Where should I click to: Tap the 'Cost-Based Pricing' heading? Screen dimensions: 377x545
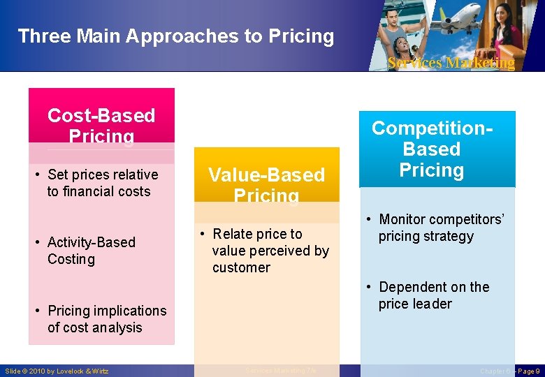(x=101, y=125)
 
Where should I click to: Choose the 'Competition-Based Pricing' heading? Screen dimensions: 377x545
(x=432, y=149)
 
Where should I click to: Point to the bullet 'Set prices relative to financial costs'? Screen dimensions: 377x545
(x=98, y=183)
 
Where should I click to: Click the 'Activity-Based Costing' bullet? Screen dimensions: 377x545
(x=91, y=251)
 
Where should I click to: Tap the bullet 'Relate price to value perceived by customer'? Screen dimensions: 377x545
(x=269, y=251)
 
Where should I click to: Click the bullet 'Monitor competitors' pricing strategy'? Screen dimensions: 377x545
(x=439, y=228)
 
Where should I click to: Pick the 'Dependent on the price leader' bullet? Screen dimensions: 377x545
(x=433, y=295)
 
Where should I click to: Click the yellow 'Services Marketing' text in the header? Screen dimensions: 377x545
(x=451, y=63)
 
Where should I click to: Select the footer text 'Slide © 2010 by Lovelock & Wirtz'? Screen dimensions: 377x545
(x=57, y=371)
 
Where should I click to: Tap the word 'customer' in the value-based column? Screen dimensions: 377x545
(x=241, y=267)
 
